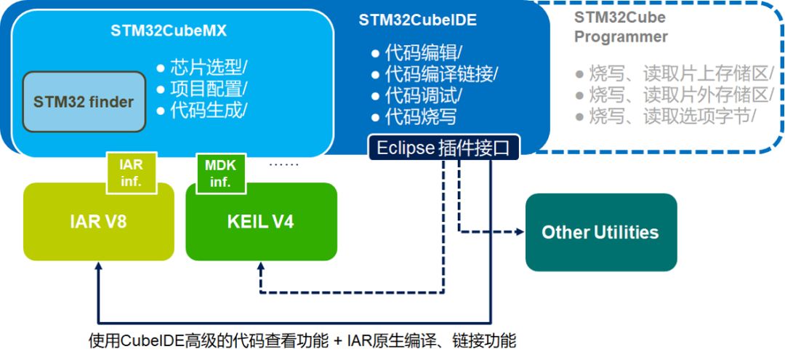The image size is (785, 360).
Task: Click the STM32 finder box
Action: (x=84, y=102)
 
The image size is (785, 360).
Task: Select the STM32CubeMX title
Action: (x=168, y=31)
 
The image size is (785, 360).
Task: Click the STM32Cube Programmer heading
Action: (x=621, y=27)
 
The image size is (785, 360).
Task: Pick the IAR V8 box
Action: (x=99, y=222)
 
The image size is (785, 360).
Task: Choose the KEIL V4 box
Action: (x=261, y=222)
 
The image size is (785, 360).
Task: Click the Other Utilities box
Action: (x=600, y=233)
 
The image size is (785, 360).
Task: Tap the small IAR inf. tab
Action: (x=132, y=173)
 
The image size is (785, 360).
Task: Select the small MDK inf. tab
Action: (x=221, y=173)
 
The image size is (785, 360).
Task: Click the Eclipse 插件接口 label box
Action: (x=444, y=148)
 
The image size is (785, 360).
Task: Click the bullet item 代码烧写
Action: (x=420, y=116)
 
